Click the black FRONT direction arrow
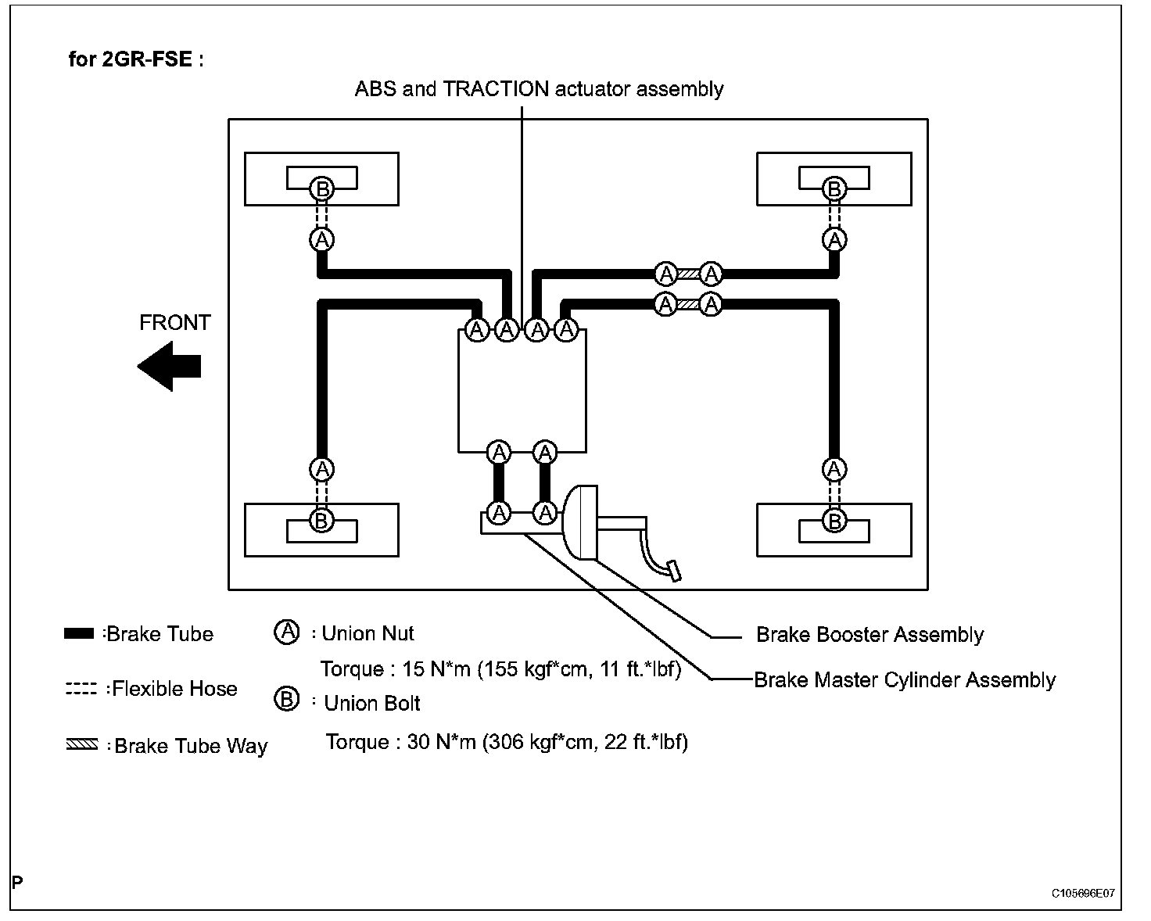coord(170,366)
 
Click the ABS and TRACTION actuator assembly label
coord(539,89)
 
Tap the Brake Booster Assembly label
coord(870,635)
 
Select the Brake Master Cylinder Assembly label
coord(905,680)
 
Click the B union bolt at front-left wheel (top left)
coord(321,188)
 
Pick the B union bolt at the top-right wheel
coord(834,188)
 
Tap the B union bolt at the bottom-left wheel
coord(321,520)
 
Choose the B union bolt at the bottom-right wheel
coord(834,520)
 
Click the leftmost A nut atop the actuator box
coord(477,330)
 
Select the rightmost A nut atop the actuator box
coord(566,330)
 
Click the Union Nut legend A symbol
coord(287,633)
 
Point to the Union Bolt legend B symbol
coord(287,699)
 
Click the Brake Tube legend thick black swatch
coord(79,634)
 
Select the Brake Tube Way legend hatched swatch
coord(81,745)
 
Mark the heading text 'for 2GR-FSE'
coord(136,59)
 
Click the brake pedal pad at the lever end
coord(672,571)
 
